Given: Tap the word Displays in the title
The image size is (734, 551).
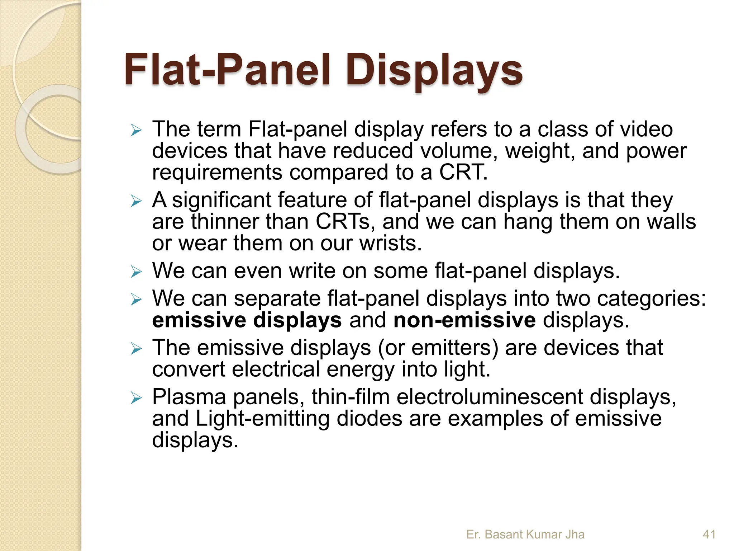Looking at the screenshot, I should click(433, 70).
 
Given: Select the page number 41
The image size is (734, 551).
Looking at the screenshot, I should click(709, 534).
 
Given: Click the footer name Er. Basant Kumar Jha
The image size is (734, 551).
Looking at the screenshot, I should click(525, 534).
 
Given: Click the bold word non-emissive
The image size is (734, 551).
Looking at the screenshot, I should click(464, 320).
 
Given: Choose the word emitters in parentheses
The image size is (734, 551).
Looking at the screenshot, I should click(455, 348).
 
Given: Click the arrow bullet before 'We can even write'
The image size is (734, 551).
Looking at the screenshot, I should click(137, 272).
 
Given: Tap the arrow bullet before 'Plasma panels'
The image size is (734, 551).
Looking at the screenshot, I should click(137, 398).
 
